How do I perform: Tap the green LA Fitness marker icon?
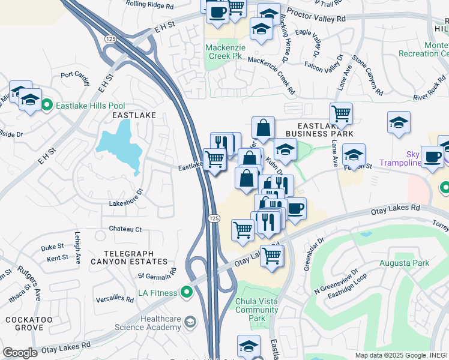[187, 293]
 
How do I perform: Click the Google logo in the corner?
[20, 353]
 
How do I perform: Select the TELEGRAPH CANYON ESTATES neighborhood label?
[127, 257]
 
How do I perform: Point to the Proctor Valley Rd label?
[316, 16]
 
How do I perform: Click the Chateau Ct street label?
[125, 229]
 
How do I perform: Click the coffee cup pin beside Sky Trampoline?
[432, 157]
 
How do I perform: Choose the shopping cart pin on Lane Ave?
[341, 113]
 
